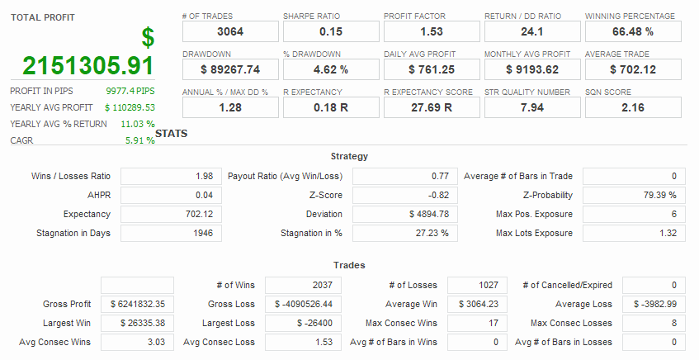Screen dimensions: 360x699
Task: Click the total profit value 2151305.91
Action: coord(88,66)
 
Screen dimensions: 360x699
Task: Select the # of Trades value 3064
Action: coord(229,31)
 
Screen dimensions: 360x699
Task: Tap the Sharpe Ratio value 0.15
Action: coord(330,31)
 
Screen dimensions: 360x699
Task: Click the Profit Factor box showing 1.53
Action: coord(431,31)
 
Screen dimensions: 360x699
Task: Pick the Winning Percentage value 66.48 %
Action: coord(633,31)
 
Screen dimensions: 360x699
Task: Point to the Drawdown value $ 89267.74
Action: coord(229,69)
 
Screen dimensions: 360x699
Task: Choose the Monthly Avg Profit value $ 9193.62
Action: coord(532,69)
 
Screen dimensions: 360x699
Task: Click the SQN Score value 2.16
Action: coord(633,107)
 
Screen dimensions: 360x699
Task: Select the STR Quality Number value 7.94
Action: coord(532,107)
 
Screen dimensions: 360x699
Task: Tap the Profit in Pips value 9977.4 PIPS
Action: coord(130,91)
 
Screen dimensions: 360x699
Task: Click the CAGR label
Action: coord(21,140)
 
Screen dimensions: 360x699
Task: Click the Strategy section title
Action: coord(349,156)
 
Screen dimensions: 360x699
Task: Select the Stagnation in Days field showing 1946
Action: coord(171,233)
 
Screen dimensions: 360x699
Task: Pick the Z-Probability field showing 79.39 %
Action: coord(635,195)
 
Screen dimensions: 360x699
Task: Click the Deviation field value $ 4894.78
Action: coord(403,214)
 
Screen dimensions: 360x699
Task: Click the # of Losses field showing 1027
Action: coord(477,285)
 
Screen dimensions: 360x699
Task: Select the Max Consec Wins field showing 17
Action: coord(477,323)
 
